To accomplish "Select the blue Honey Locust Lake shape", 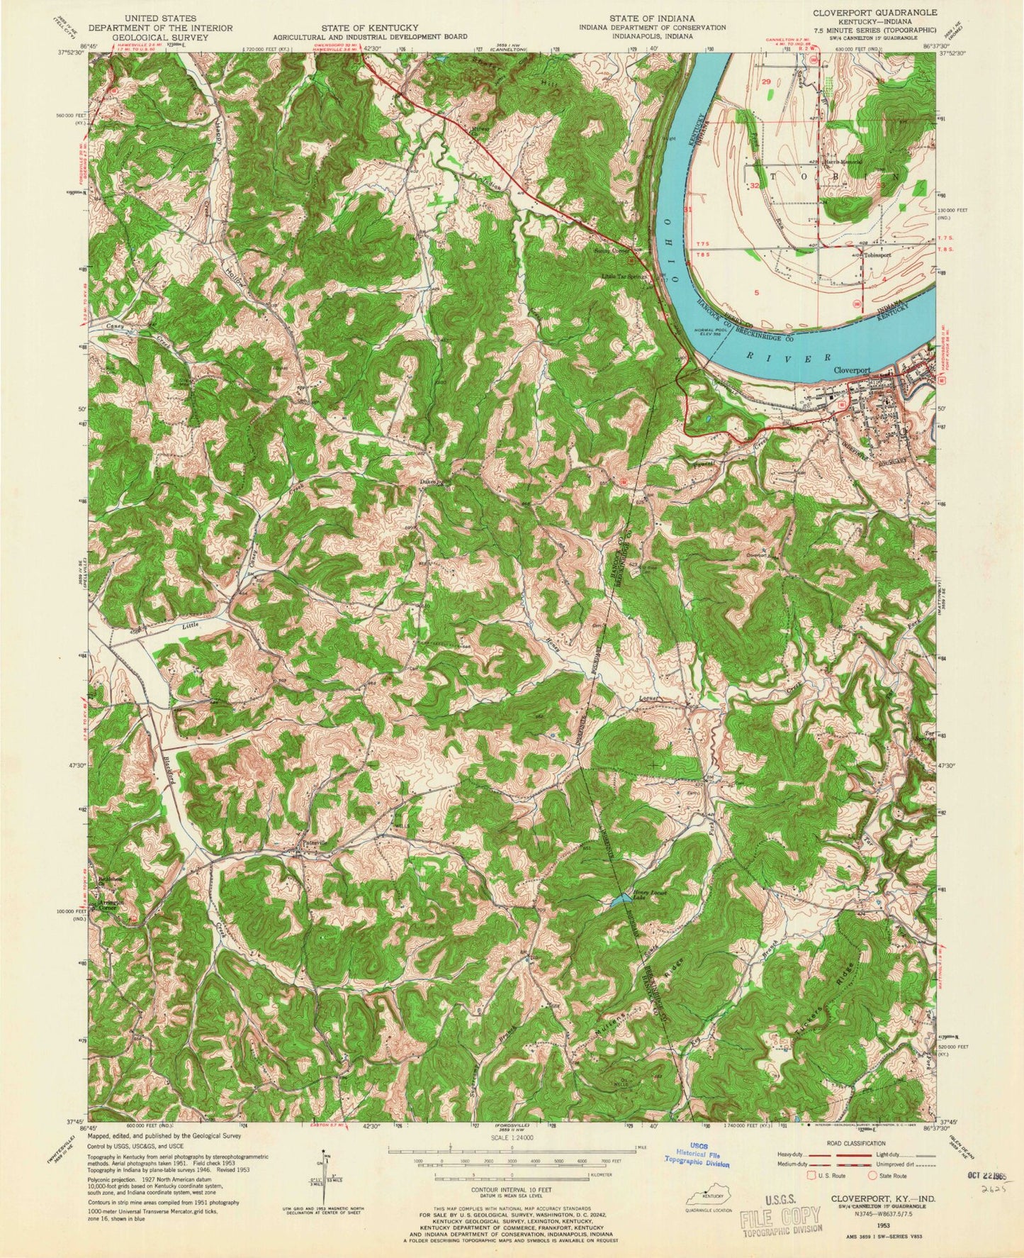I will pyautogui.click(x=616, y=901).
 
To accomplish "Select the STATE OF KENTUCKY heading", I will pyautogui.click(x=369, y=27).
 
